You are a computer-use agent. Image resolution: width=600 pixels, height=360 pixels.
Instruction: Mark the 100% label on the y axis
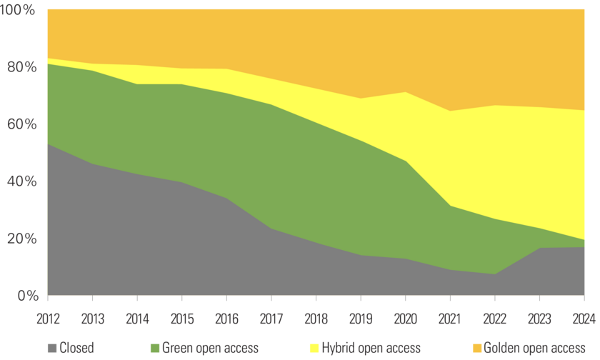coord(18,10)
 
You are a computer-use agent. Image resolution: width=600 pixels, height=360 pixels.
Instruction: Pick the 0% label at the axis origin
coord(25,295)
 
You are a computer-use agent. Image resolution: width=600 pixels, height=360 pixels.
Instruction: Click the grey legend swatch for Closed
coord(52,349)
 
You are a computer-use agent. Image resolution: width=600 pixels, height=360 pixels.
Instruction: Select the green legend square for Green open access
coord(155,349)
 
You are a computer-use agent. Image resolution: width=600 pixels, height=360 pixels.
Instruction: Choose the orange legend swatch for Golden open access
coord(476,349)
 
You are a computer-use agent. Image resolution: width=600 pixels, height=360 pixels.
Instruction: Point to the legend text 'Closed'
coord(77,349)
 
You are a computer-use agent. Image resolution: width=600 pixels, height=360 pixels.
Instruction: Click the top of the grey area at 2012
coord(48,144)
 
